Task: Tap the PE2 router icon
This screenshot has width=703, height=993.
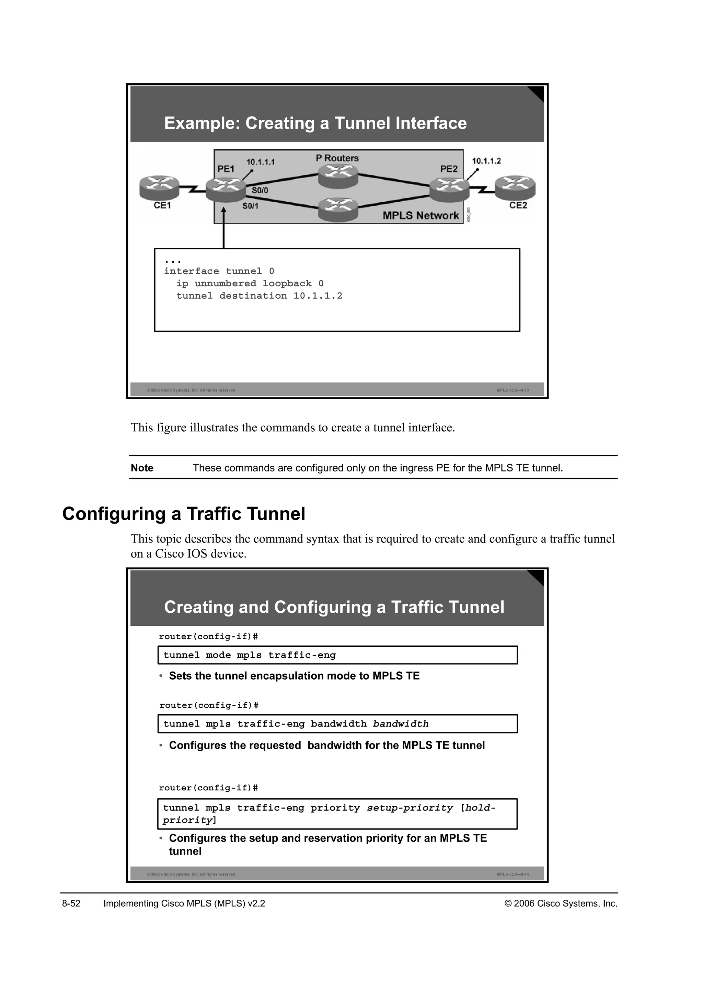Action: coord(449,189)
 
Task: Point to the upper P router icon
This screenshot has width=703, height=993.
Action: coord(338,176)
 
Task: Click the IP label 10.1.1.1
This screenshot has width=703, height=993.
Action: coord(261,162)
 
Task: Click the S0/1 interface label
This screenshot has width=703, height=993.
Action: coord(250,206)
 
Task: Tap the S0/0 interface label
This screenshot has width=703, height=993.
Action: coord(260,190)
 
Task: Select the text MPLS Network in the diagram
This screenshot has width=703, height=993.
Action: coord(420,215)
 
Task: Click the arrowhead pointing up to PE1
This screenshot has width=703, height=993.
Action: coord(224,212)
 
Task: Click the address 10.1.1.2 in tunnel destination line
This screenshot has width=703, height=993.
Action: coord(318,296)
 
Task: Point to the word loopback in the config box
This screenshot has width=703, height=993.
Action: coord(287,284)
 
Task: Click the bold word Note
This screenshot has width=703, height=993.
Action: coord(142,468)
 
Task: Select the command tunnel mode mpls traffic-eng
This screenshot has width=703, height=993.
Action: coord(249,655)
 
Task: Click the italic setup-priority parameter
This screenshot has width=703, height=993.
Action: coord(410,808)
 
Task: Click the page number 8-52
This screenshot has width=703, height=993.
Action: coord(71,904)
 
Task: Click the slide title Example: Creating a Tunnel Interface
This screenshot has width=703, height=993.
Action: coord(315,123)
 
